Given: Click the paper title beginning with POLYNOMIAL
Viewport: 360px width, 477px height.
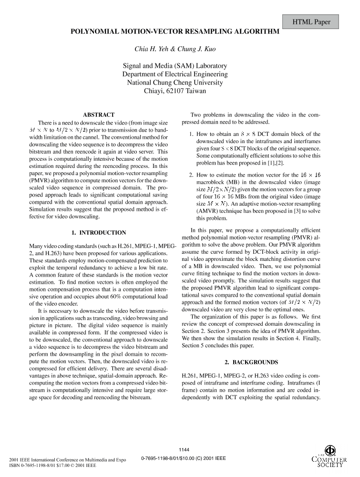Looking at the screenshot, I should [175, 32].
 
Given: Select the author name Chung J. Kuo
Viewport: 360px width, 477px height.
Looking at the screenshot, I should [196, 49].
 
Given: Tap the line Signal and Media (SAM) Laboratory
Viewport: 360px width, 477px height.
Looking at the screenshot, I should [175, 66].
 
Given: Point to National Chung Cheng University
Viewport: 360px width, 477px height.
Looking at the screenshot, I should [175, 82].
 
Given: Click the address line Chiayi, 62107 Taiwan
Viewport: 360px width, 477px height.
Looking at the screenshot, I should [175, 90].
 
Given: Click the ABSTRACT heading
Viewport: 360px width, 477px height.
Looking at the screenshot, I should [99, 115].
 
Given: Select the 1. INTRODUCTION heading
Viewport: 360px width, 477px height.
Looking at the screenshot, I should [99, 233].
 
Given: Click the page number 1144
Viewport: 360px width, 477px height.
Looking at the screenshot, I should [184, 449].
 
